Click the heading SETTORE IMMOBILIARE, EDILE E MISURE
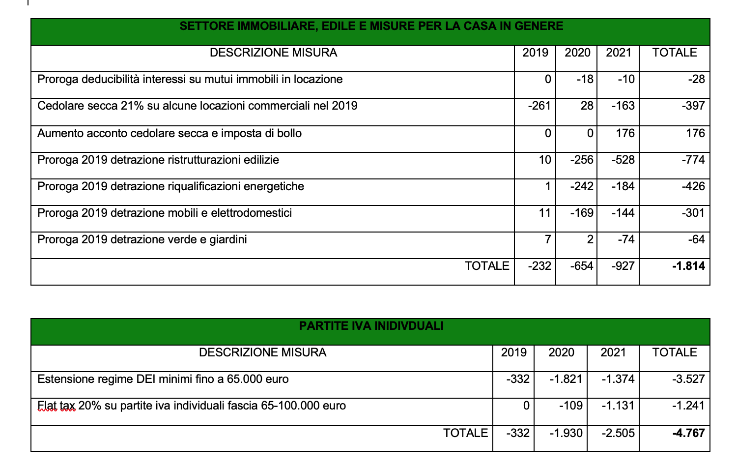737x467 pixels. coord(371,26)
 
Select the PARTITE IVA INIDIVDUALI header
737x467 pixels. coord(371,326)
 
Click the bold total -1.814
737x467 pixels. coord(688,266)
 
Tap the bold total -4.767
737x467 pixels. coord(688,433)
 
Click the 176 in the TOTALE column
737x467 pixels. coord(695,133)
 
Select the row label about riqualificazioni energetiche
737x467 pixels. coord(170,186)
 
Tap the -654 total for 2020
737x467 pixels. coord(582,266)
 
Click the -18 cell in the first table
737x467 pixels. coord(585,79)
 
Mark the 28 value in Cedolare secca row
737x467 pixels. coord(587,106)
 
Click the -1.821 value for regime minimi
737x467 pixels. coord(566,379)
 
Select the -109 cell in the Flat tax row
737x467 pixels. coord(571,406)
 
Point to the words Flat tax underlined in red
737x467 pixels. coord(57,406)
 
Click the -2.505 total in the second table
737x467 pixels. coord(618,433)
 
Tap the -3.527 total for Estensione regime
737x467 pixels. coord(688,379)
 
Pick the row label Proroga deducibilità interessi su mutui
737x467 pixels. coord(190,79)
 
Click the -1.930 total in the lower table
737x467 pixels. coord(566,433)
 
